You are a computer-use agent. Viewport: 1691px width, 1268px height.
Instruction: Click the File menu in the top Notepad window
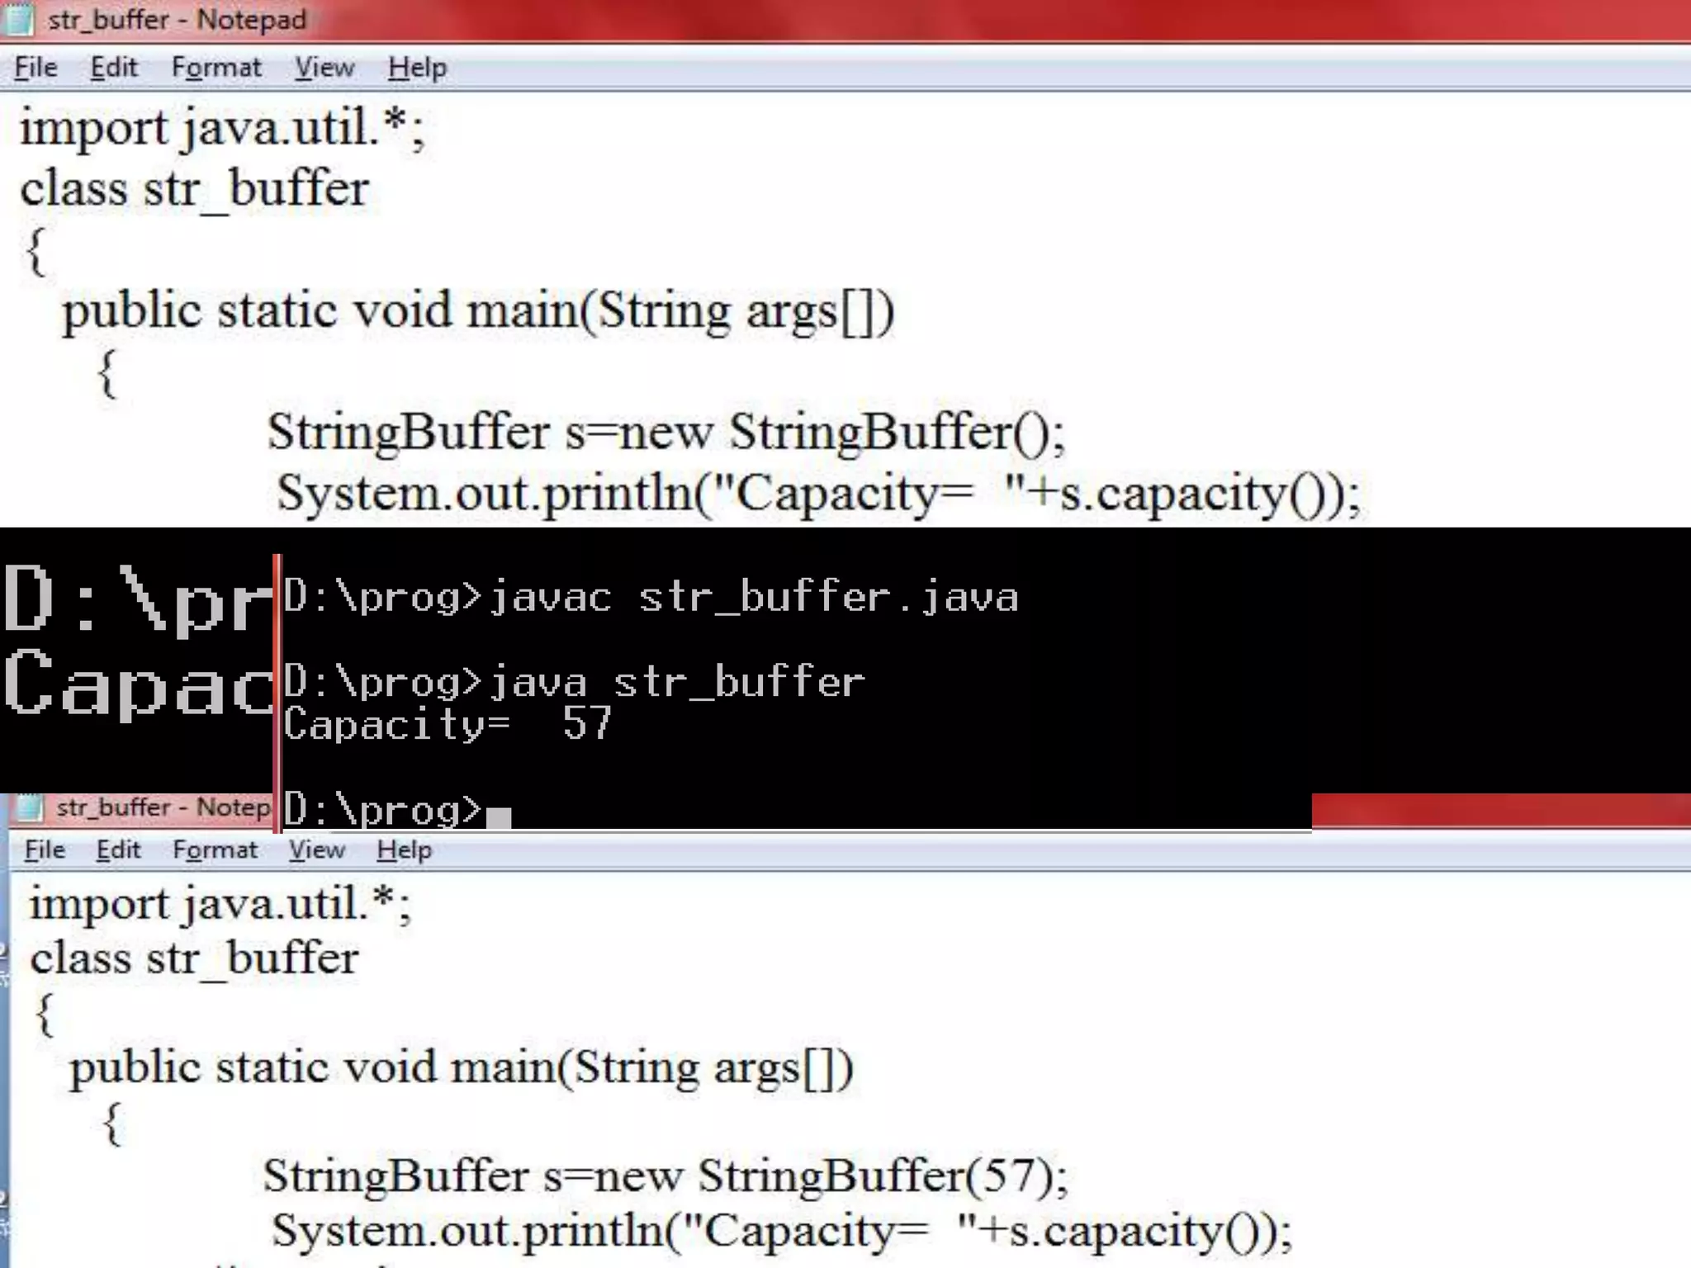coord(36,68)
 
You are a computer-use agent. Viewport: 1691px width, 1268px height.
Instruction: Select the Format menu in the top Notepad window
coord(216,68)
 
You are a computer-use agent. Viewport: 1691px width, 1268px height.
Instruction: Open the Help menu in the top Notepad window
coord(417,68)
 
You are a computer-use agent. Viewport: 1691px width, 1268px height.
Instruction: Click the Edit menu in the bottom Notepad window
coord(118,849)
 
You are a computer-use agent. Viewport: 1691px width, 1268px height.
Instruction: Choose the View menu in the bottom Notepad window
coord(317,849)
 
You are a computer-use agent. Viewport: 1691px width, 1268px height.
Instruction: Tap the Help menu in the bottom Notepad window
coord(404,849)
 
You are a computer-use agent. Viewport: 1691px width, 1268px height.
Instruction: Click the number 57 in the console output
coord(586,724)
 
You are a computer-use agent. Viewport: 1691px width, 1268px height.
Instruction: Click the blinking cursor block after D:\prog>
coord(499,817)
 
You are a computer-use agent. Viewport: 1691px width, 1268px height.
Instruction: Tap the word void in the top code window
coord(403,312)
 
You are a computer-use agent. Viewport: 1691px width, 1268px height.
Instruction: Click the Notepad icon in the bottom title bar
coord(31,807)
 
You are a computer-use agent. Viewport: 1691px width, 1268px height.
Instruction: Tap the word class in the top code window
coord(73,190)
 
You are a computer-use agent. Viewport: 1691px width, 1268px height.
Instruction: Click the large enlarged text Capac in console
coord(137,684)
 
